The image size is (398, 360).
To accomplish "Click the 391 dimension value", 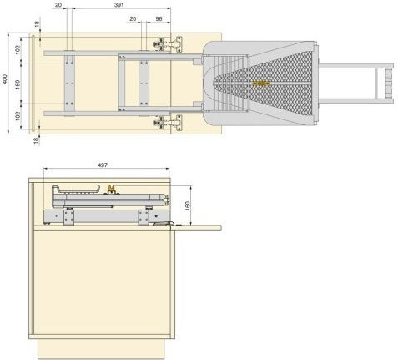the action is tap(118, 5).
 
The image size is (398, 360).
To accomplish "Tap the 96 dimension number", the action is tap(159, 19).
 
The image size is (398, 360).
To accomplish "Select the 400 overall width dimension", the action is tap(5, 79).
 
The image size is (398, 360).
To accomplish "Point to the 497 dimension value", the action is tap(103, 165).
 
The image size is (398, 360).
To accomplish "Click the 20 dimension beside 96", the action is tap(133, 19).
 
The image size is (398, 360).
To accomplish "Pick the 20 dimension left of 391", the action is tap(58, 5).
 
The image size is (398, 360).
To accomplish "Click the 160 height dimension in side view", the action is tap(188, 205).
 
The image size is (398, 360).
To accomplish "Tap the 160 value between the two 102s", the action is tap(18, 84).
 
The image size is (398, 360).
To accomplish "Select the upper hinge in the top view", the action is tap(168, 44).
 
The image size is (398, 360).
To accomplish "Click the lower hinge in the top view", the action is tap(168, 122).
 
